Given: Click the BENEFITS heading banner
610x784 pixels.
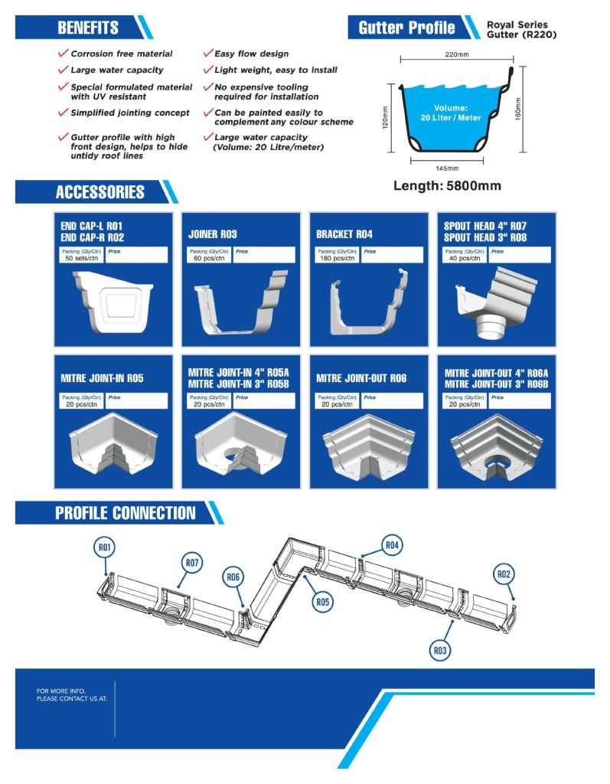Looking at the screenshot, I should click(88, 28).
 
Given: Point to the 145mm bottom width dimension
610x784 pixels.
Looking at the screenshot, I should click(447, 168).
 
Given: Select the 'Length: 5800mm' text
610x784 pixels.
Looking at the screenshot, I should click(447, 186).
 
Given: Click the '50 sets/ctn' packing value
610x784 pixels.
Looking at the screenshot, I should click(80, 259).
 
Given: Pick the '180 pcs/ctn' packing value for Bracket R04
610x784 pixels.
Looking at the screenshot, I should click(335, 259).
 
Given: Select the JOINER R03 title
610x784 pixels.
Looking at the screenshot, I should click(213, 234).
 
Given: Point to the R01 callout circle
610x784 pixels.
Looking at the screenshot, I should click(105, 547).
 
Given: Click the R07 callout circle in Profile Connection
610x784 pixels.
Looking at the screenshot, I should click(191, 563).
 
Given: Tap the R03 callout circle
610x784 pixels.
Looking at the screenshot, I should click(439, 651).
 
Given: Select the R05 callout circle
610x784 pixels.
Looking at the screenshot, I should click(322, 603).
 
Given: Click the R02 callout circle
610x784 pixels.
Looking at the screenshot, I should click(503, 574).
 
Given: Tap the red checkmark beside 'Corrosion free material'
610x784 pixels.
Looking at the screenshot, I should click(63, 54).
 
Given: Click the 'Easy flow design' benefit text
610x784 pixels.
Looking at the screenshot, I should click(251, 54).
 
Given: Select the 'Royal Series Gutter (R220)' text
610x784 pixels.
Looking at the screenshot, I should click(517, 30).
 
